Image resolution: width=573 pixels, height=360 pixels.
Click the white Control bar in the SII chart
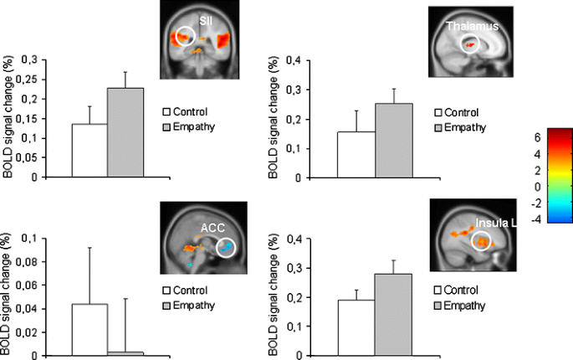(x=89, y=151)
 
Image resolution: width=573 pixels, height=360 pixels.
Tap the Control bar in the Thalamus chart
(x=356, y=154)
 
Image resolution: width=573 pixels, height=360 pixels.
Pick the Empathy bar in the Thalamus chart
(x=393, y=141)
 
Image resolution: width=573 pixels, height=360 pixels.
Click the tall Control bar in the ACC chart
(x=89, y=330)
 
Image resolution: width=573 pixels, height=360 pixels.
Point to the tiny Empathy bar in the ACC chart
(x=125, y=353)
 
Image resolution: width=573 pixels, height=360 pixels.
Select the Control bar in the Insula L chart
(x=356, y=327)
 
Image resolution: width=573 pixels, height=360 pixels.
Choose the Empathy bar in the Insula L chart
(x=393, y=315)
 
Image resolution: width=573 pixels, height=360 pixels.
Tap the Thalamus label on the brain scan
(x=473, y=26)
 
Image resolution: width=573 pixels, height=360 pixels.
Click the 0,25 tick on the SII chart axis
(x=29, y=80)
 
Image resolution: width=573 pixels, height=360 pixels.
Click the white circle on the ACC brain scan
(x=227, y=248)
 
